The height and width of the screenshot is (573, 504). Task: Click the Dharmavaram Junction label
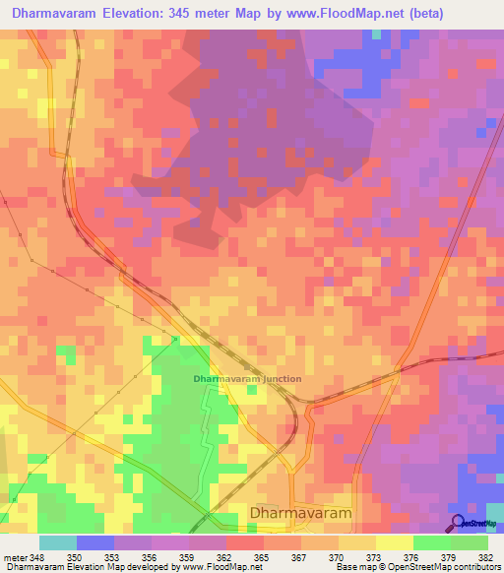click(x=247, y=379)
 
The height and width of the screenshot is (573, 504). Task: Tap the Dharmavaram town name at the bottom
click(x=301, y=514)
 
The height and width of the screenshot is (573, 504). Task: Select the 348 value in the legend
click(x=38, y=558)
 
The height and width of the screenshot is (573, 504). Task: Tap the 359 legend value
click(x=188, y=558)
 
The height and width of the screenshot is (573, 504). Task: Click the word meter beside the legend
click(x=14, y=558)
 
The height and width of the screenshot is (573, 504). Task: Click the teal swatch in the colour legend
click(x=57, y=542)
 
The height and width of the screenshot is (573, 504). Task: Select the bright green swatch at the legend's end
click(x=470, y=542)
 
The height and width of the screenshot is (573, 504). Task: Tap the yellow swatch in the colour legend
click(x=394, y=542)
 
